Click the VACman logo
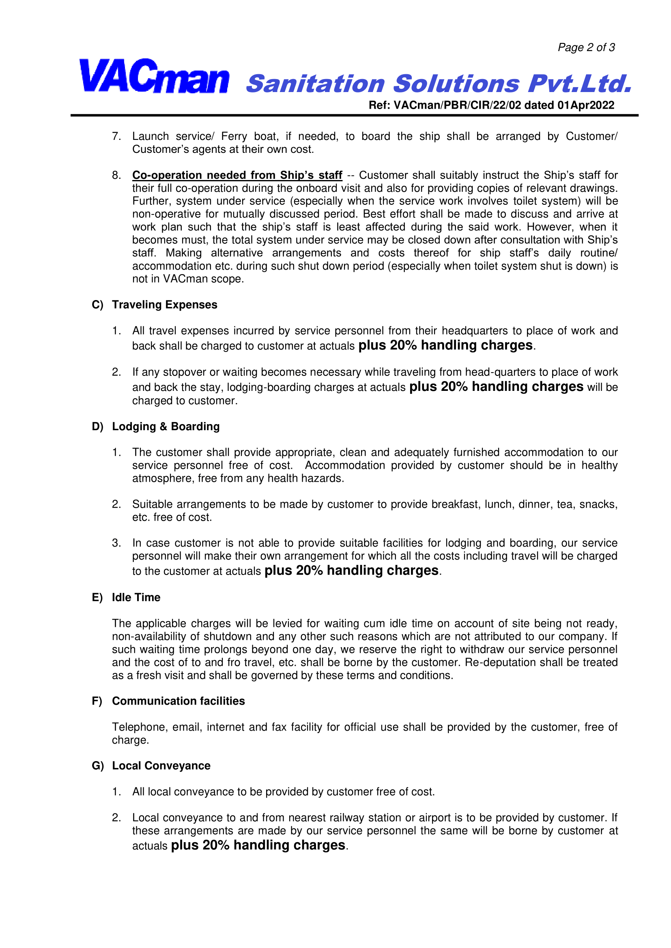154,76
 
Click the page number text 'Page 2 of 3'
586,47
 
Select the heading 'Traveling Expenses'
164,305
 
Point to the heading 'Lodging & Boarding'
166,427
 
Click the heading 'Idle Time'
136,597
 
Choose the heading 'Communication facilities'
179,701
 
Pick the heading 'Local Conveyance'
161,766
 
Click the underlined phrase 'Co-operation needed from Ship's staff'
237,175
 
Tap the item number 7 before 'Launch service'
116,136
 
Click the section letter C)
97,305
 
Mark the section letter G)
97,766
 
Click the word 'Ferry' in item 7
234,136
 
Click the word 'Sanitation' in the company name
316,84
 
